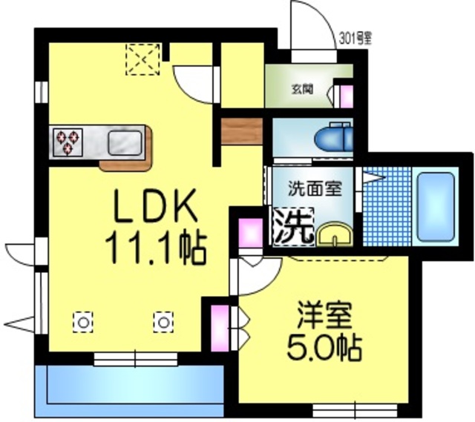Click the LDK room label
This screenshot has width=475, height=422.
pyautogui.click(x=154, y=207)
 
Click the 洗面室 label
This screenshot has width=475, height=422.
pyautogui.click(x=314, y=188)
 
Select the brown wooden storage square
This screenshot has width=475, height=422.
pyautogui.click(x=241, y=131)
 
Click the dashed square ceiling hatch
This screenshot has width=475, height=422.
pyautogui.click(x=142, y=59)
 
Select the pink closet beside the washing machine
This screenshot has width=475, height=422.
pyautogui.click(x=247, y=233)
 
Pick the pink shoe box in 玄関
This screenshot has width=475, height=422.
pyautogui.click(x=345, y=93)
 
